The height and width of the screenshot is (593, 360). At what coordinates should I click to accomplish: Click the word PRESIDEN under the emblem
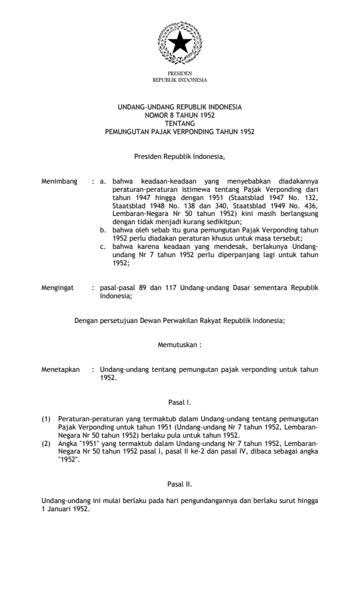tap(179, 74)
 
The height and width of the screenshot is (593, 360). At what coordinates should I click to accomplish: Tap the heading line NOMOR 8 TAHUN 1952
tap(179, 116)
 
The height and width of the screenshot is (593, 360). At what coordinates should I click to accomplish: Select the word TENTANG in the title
tap(179, 123)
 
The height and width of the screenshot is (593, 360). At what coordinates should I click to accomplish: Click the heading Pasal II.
tap(179, 484)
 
